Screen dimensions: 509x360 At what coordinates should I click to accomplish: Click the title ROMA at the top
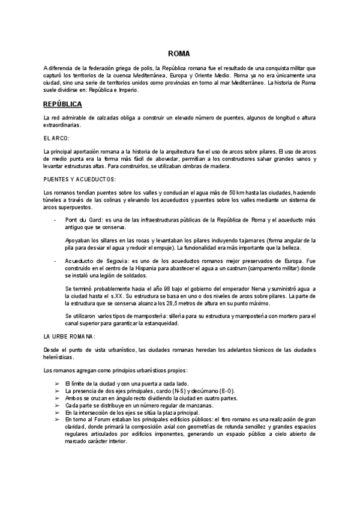[179, 53]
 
